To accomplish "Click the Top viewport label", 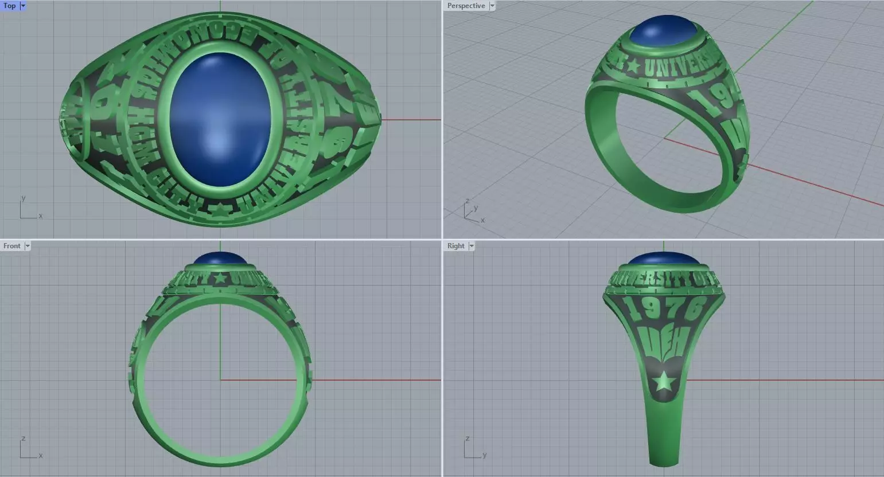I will point(9,6).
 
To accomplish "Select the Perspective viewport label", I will point(465,6).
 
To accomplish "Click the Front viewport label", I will point(11,246).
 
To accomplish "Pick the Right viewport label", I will point(455,246).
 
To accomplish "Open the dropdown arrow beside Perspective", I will point(492,6).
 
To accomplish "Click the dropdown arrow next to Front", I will point(27,246).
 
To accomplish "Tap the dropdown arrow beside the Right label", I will point(472,246).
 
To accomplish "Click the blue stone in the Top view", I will point(220,119).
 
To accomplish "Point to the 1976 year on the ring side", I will point(665,310).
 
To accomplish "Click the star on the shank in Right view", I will point(664,381).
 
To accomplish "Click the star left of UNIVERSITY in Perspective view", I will point(633,66).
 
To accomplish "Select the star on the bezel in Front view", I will point(220,279).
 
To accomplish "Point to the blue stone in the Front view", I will point(220,259).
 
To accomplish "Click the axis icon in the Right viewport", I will point(473,448).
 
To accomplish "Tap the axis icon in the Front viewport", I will point(29,448).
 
